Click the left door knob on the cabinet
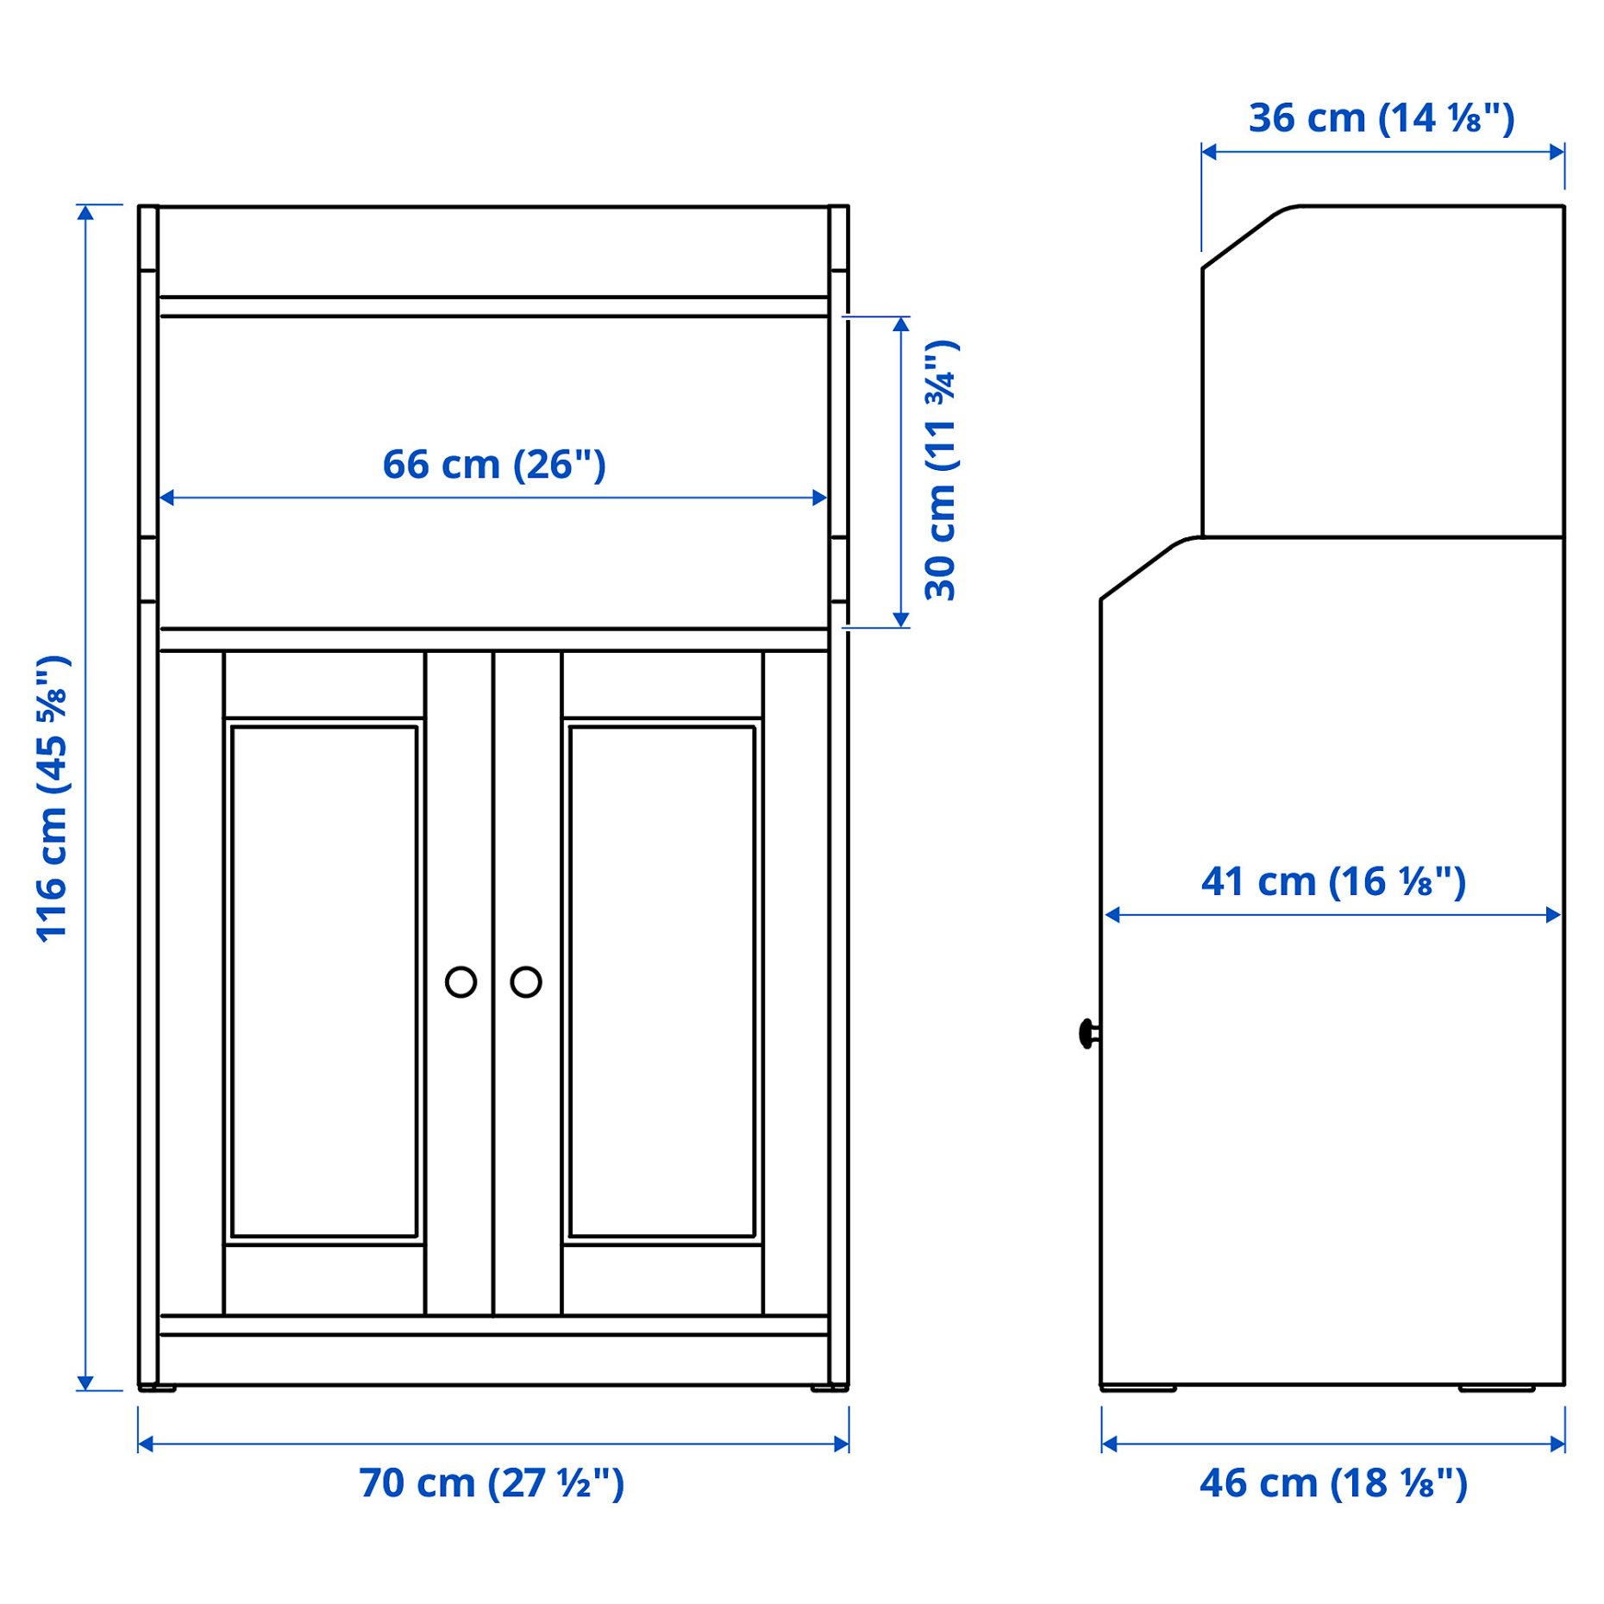pyautogui.click(x=461, y=981)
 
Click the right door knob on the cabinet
pyautogui.click(x=525, y=981)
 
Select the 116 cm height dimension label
pyautogui.click(x=52, y=799)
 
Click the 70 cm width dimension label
pyautogui.click(x=492, y=1483)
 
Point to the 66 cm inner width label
pyautogui.click(x=494, y=465)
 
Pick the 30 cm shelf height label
pyautogui.click(x=941, y=471)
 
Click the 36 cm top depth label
pyautogui.click(x=1382, y=118)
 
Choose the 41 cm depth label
pyautogui.click(x=1333, y=881)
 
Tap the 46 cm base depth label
pyautogui.click(x=1333, y=1483)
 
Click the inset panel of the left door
pyautogui.click(x=324, y=981)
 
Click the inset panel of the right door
pyautogui.click(x=661, y=981)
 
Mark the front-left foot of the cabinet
pyautogui.click(x=158, y=1388)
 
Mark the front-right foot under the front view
pyautogui.click(x=829, y=1388)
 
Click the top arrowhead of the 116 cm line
pyautogui.click(x=85, y=212)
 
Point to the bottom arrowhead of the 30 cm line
pyautogui.click(x=901, y=620)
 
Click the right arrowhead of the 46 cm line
pyautogui.click(x=1557, y=1444)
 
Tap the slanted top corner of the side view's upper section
pyautogui.click(x=1242, y=236)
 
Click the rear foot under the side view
pyautogui.click(x=1496, y=1388)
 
